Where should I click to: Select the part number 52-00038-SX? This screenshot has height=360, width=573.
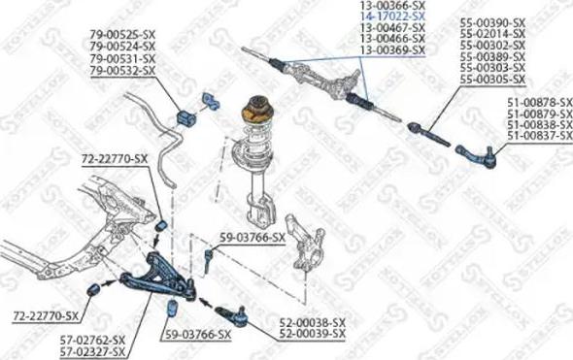point(313,322)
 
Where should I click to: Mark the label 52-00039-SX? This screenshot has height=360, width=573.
point(313,333)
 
